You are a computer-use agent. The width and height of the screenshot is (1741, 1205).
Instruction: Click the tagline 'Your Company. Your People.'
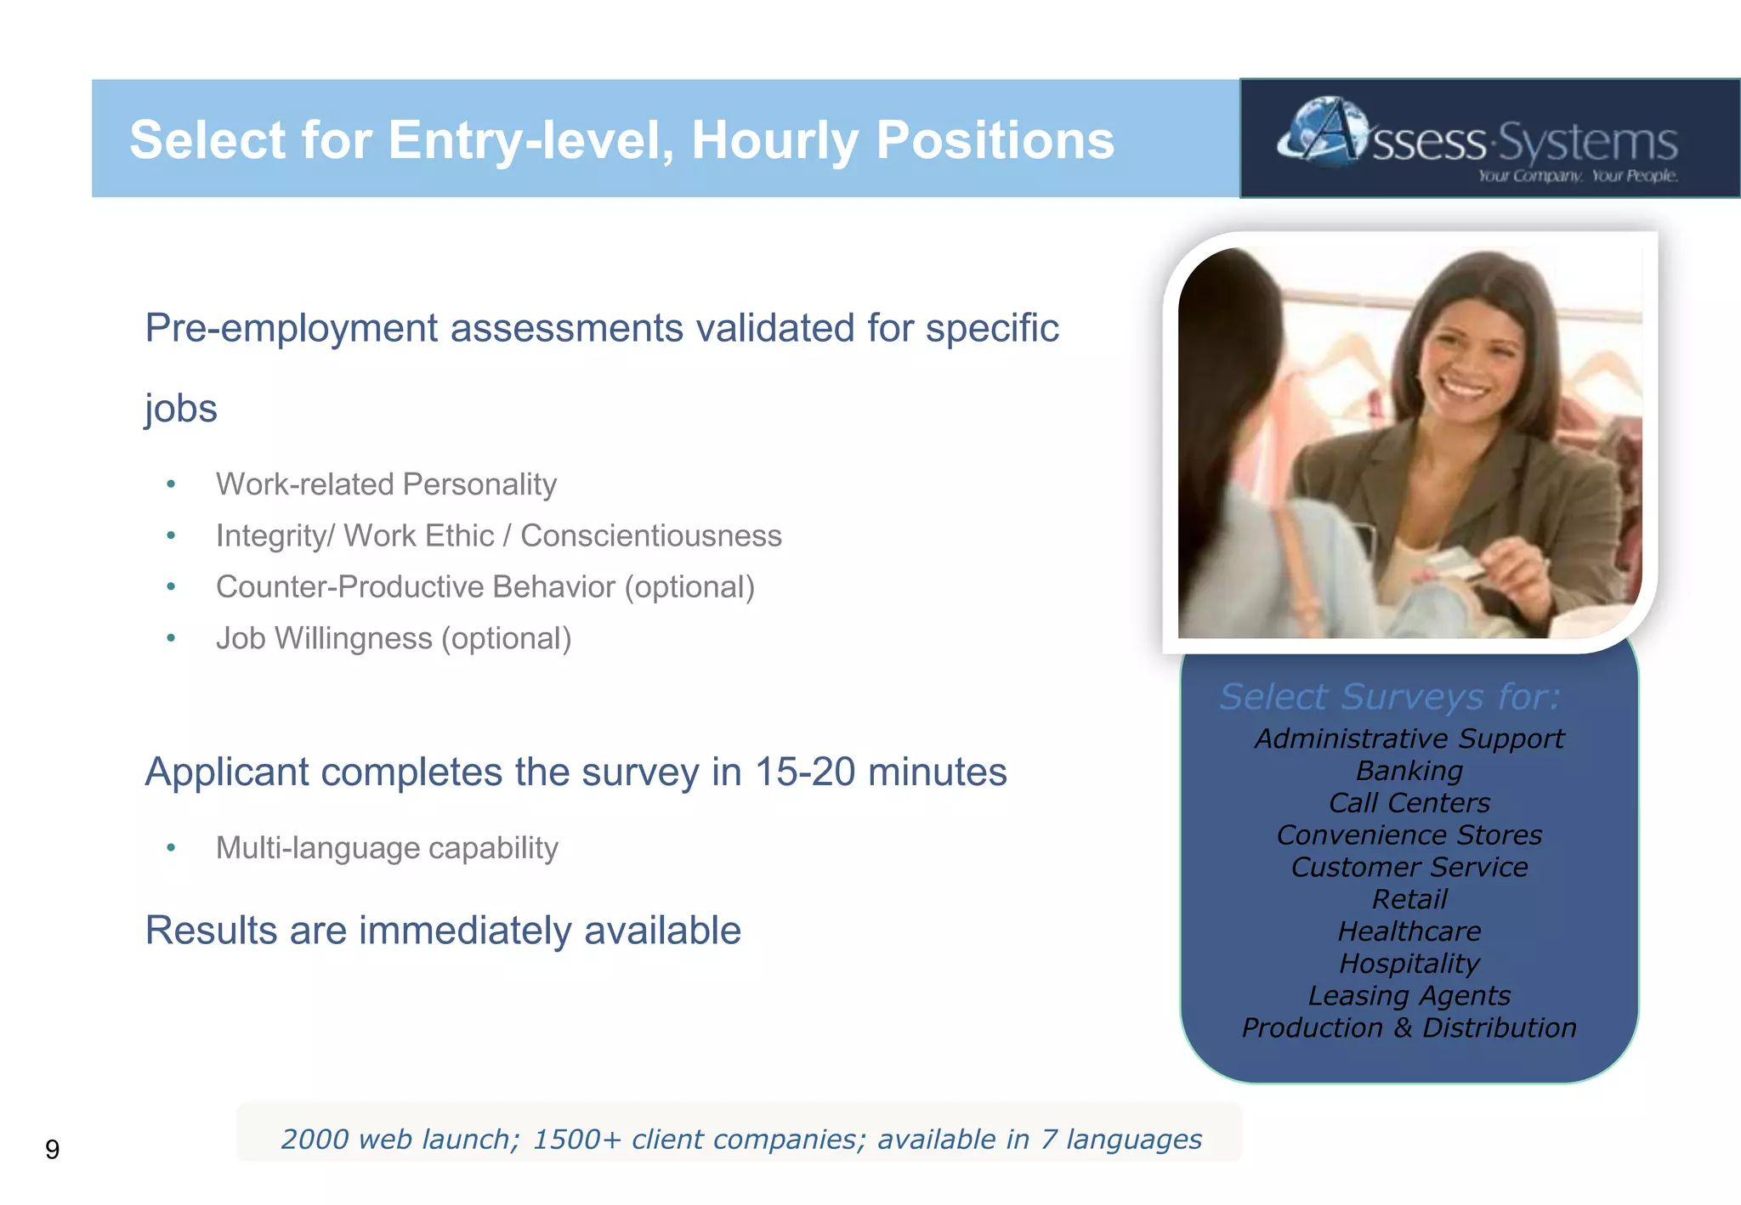[1577, 176]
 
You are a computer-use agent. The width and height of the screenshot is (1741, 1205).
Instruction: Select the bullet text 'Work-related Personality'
[386, 484]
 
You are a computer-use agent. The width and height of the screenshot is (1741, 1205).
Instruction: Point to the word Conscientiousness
[650, 536]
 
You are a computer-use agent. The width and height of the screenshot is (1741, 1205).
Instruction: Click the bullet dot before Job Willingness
[171, 638]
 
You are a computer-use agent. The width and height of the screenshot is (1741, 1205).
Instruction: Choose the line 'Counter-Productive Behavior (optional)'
[485, 587]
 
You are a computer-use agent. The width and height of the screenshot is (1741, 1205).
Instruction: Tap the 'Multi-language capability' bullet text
[387, 848]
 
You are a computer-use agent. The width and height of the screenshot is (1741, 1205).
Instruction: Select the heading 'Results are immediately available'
[442, 931]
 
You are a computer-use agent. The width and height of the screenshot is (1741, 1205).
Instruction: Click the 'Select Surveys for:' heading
[1390, 697]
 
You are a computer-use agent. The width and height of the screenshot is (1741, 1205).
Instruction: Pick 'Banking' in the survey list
[1409, 771]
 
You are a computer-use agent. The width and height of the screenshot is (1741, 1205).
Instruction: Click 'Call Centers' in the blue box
[1409, 803]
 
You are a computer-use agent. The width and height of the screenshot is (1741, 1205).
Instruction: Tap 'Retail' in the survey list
[1409, 899]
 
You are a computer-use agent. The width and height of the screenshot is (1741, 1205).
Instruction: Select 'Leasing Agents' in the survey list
[1409, 995]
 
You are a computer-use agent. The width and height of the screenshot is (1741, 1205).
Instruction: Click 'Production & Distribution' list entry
[1409, 1027]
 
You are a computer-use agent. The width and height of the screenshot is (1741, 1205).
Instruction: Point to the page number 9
[53, 1150]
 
